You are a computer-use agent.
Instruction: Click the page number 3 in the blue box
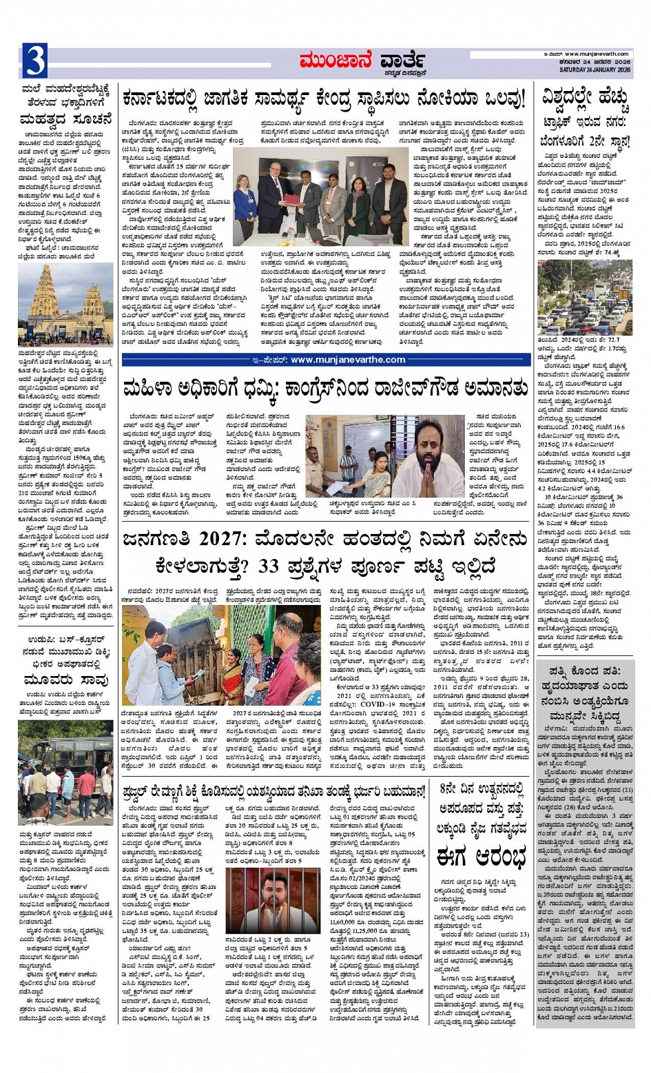(34, 61)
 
